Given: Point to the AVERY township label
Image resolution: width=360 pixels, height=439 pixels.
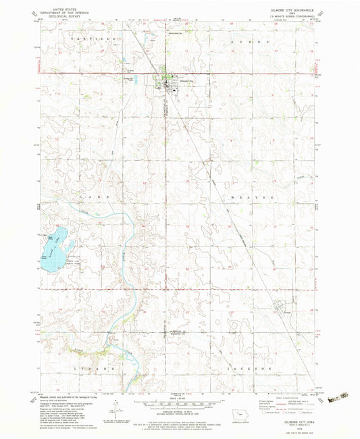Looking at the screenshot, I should click(254, 42).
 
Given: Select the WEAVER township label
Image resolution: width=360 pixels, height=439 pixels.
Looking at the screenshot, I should click(254, 193).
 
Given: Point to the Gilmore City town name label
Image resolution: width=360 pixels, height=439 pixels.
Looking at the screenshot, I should click(177, 79).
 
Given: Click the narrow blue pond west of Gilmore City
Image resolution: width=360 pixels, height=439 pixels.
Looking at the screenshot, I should click(143, 79).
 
